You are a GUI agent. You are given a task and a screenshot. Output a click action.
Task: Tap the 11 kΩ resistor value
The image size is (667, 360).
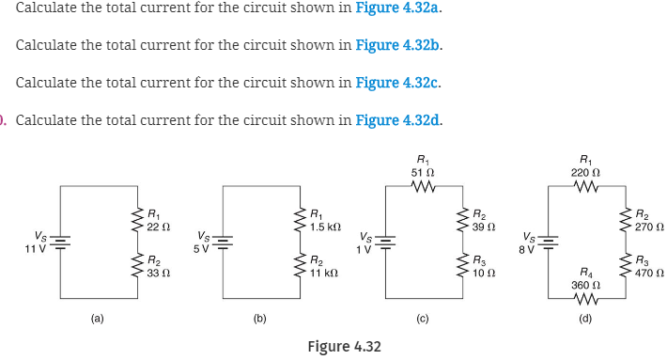(x=324, y=273)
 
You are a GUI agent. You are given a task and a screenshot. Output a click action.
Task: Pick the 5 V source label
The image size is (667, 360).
(x=201, y=248)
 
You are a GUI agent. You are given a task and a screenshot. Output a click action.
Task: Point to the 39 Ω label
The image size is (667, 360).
(x=484, y=227)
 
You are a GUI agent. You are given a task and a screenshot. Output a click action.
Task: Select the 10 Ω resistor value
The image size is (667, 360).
(x=484, y=273)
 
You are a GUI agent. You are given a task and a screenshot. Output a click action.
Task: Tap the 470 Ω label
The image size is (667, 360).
(x=649, y=273)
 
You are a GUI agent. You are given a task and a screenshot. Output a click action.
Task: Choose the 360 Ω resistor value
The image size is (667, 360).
(x=585, y=283)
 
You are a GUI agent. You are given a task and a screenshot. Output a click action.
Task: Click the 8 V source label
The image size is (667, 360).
(x=529, y=248)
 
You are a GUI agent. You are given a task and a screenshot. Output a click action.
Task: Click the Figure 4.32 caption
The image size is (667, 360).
(x=344, y=347)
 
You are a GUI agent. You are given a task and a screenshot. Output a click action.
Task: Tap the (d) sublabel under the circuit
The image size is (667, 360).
(x=586, y=320)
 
